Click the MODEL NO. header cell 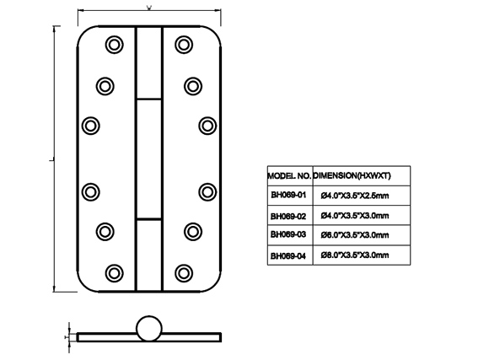click(290, 176)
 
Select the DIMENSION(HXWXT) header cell click(362, 176)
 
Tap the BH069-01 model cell click(290, 196)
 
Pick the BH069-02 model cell click(290, 215)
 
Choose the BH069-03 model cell click(290, 235)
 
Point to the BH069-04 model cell click(290, 255)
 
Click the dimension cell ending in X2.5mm click(362, 196)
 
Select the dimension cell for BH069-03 click(362, 235)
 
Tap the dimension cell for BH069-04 click(362, 255)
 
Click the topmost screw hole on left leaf click(114, 45)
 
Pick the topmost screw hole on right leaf click(184, 45)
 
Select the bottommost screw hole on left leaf click(114, 273)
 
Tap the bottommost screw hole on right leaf click(184, 273)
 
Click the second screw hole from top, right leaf click(193, 86)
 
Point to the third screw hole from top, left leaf click(91, 126)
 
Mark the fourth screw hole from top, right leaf click(207, 192)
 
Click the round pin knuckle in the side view click(149, 329)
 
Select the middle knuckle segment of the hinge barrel click(149, 159)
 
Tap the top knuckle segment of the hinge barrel click(149, 63)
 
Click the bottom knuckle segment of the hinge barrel click(149, 255)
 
